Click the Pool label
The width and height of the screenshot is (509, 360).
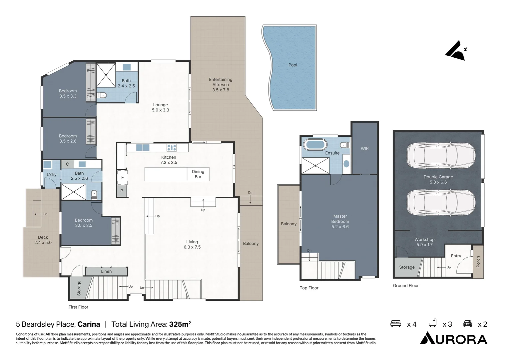[x=292, y=65]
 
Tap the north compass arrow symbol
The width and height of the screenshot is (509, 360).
[x=456, y=51]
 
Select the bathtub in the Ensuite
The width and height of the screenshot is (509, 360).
[x=315, y=145]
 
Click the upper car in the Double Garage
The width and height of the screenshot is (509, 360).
[x=441, y=156]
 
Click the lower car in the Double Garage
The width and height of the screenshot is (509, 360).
[x=441, y=203]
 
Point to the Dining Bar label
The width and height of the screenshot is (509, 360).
[x=198, y=174]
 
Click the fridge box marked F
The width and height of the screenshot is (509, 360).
[x=122, y=177]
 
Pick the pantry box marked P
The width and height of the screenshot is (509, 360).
[x=122, y=191]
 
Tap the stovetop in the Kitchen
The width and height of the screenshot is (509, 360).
[x=172, y=147]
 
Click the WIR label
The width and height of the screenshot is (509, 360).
[x=364, y=149]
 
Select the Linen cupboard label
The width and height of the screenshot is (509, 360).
[x=106, y=271]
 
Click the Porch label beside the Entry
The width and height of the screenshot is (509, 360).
[x=478, y=262]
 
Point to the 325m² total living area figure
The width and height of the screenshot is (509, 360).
[x=180, y=324]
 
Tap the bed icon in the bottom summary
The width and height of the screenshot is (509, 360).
[x=395, y=324]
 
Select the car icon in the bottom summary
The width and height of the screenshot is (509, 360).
[x=467, y=324]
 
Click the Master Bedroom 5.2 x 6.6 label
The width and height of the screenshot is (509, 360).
[x=340, y=221]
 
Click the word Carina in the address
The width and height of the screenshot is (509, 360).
[x=89, y=324]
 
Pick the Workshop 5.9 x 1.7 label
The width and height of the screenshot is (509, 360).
[x=424, y=242]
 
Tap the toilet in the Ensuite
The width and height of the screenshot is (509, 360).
[x=345, y=145]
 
